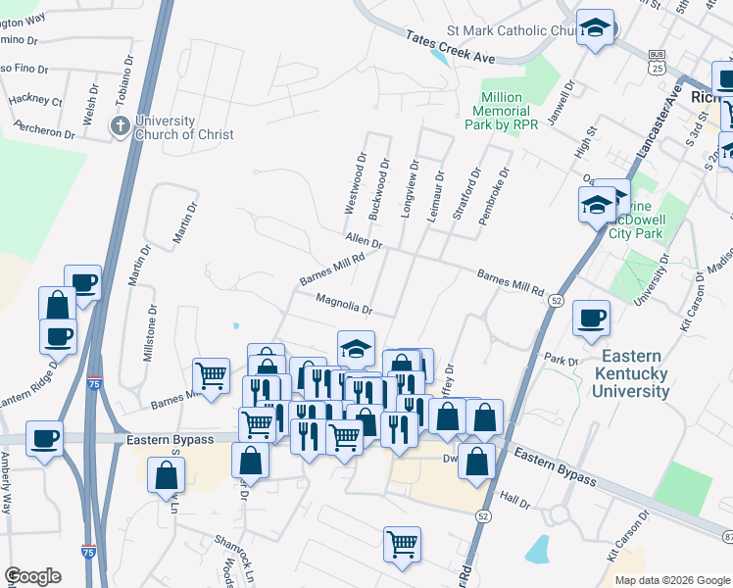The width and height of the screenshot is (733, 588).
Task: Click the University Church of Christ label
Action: tap(184, 127)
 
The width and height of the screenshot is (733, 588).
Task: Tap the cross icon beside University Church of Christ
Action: tap(120, 125)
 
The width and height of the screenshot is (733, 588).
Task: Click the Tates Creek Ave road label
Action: tap(451, 47)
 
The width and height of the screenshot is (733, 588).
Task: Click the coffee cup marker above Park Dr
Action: tap(592, 318)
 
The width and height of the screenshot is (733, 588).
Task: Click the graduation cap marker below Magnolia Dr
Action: tap(357, 347)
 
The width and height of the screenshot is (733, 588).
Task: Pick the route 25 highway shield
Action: tap(654, 65)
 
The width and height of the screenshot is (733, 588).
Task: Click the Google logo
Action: tap(33, 576)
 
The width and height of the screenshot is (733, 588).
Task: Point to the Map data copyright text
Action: tap(671, 580)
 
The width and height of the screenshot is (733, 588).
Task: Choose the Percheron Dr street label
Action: tap(43, 129)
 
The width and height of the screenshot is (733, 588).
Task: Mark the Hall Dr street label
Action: tap(514, 503)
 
